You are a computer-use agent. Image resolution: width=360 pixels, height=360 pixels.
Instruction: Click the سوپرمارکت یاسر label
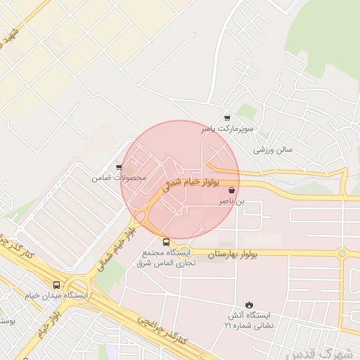[x=226, y=129]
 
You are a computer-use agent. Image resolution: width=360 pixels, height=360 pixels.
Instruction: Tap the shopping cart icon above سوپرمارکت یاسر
[x=226, y=117]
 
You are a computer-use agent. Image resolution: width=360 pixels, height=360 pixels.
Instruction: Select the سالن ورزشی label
[x=273, y=150]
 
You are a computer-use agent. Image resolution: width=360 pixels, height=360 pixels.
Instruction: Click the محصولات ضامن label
[x=120, y=178]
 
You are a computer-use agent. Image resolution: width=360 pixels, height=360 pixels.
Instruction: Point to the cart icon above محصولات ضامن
[x=119, y=167]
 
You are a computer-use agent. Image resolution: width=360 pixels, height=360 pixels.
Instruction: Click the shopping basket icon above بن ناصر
[x=232, y=190]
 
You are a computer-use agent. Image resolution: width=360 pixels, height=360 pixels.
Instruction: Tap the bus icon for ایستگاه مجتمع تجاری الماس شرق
[x=166, y=242]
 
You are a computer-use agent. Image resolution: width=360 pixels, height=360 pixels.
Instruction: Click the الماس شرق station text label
[x=165, y=257]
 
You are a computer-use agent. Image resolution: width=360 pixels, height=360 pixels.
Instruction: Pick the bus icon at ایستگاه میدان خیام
[x=56, y=285]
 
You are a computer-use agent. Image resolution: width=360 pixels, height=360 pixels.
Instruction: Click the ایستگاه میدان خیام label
[x=57, y=296]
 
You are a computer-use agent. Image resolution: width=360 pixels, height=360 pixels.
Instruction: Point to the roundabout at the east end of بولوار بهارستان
[x=342, y=253]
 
